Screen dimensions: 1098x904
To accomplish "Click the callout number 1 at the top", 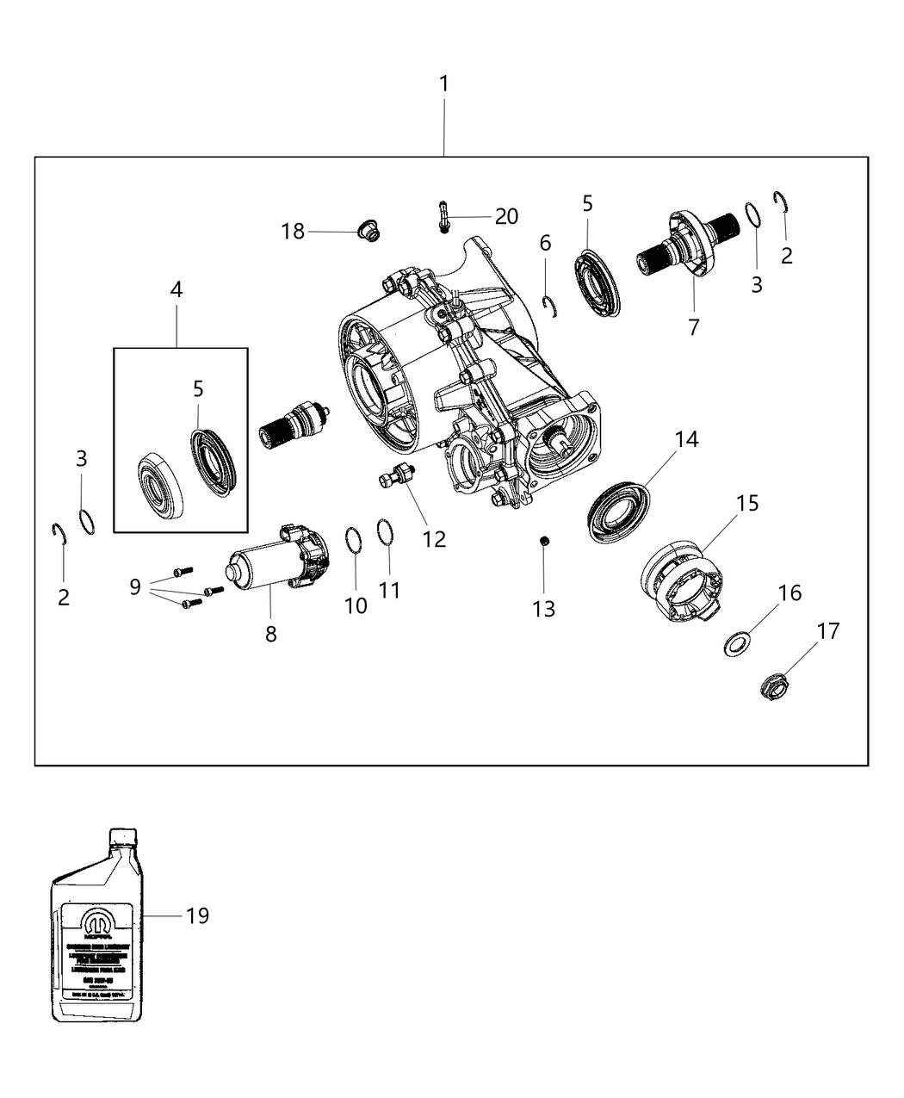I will [443, 84].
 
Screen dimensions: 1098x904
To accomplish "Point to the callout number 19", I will [197, 915].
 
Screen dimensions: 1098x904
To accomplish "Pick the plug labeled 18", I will [369, 231].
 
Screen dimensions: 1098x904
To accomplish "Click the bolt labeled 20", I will [442, 217].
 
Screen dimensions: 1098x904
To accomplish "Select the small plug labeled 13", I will [544, 541].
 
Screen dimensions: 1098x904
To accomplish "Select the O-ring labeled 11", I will [387, 531].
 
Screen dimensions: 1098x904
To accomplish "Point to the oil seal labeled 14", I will [617, 512].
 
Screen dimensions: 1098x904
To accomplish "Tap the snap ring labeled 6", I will [552, 305].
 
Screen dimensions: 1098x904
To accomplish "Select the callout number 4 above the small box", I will [176, 289].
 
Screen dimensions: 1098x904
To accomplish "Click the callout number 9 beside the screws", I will [135, 586].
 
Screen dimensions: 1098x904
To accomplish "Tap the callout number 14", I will [686, 439].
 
